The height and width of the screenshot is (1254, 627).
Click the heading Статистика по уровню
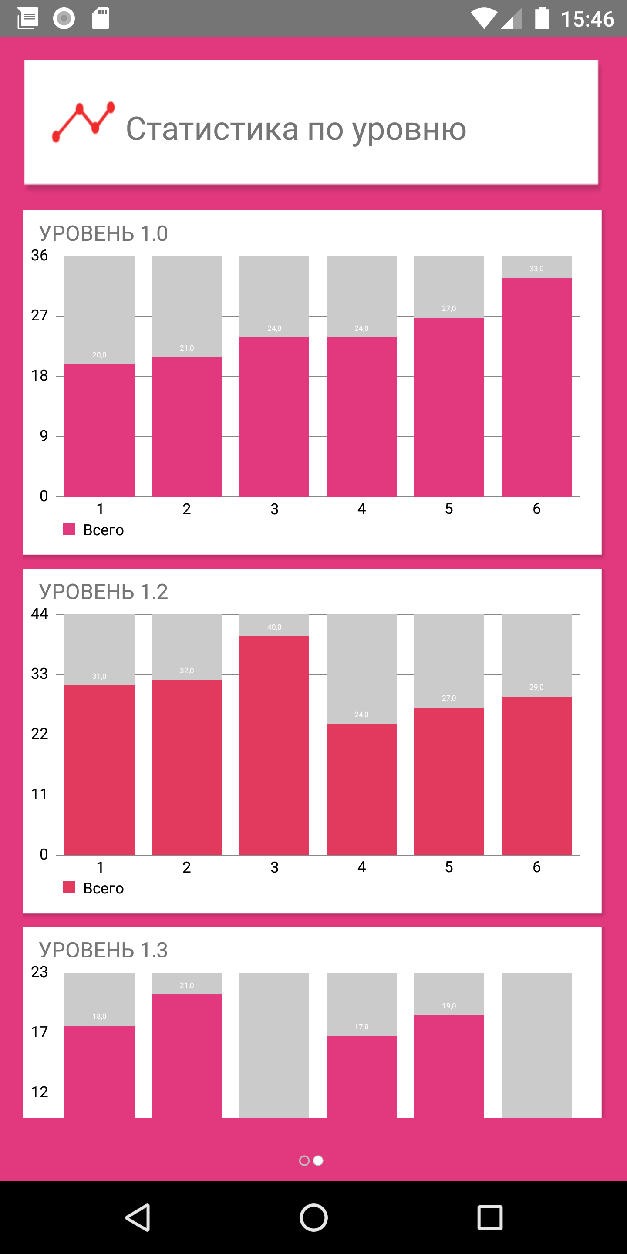pyautogui.click(x=296, y=129)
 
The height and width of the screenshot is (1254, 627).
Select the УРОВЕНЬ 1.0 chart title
pyautogui.click(x=103, y=234)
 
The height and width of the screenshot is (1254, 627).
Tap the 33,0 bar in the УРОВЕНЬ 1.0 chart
pyautogui.click(x=536, y=387)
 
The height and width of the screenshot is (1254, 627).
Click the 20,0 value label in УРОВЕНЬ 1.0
pyautogui.click(x=99, y=355)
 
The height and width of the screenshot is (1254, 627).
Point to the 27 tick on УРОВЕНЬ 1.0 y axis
pyautogui.click(x=40, y=315)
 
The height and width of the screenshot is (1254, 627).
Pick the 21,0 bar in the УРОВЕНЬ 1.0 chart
pyautogui.click(x=187, y=427)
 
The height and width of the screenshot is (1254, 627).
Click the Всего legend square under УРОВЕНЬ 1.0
pyautogui.click(x=69, y=529)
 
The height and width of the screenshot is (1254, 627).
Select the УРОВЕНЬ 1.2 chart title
pyautogui.click(x=103, y=592)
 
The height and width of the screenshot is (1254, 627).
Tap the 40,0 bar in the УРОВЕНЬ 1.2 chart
pyautogui.click(x=274, y=745)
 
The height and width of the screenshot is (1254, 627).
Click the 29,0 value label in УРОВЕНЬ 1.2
pyautogui.click(x=536, y=687)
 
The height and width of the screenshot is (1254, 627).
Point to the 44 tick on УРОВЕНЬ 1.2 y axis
pyautogui.click(x=40, y=614)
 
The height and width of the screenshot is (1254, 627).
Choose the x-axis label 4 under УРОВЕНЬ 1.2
pyautogui.click(x=362, y=867)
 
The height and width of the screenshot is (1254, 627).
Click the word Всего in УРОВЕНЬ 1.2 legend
pyautogui.click(x=103, y=888)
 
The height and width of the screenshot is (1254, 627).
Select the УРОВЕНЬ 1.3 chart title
pyautogui.click(x=103, y=950)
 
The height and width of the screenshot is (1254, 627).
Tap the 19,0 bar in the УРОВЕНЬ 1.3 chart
pyautogui.click(x=449, y=1066)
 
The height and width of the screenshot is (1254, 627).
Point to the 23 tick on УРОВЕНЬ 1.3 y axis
pyautogui.click(x=40, y=972)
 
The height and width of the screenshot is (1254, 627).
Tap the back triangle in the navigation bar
pyautogui.click(x=138, y=1217)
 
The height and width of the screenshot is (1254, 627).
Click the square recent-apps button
pyautogui.click(x=490, y=1217)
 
